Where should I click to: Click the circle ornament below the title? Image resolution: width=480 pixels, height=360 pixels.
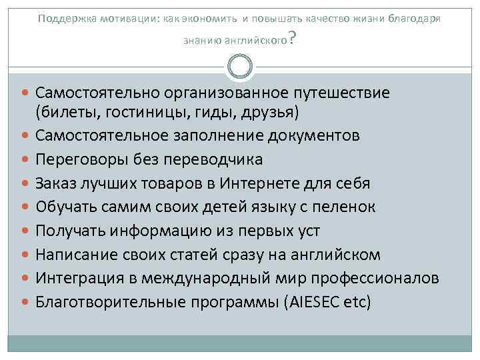239,66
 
